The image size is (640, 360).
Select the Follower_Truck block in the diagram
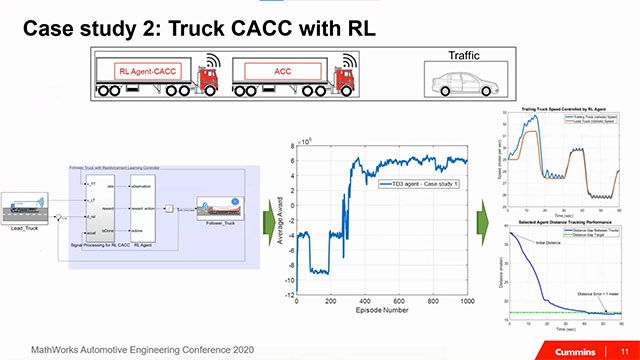point(222,210)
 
